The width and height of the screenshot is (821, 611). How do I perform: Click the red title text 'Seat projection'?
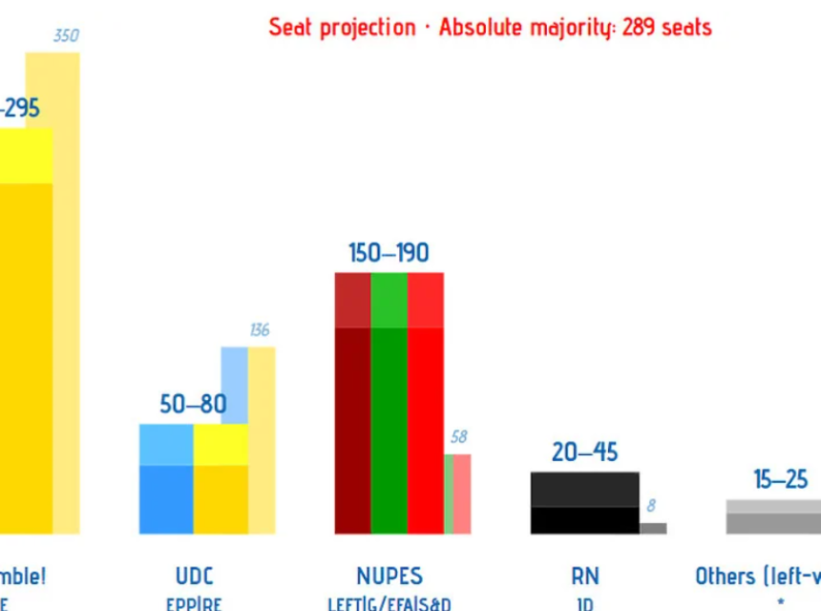coord(342,27)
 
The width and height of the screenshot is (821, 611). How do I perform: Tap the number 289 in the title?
coord(638,27)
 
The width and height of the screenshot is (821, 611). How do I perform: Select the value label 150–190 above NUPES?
coord(389,253)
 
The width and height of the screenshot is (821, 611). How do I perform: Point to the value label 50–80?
coord(193,404)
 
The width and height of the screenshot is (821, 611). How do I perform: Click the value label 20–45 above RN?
coord(584,452)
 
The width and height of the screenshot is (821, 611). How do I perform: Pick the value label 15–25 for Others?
coord(780,479)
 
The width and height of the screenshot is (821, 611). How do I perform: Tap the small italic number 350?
coord(66,36)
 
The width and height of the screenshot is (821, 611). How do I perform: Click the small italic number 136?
coord(259,330)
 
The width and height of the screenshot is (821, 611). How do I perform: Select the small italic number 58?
coord(458,436)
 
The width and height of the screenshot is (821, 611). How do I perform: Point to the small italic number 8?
coord(651,506)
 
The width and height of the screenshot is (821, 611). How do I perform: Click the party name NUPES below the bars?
coord(389,576)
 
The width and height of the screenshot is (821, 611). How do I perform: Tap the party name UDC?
coord(194,576)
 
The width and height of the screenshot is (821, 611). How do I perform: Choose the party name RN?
coord(584,576)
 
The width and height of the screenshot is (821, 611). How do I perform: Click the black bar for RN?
coord(584,504)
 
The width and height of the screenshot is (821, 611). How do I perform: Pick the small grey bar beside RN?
coord(653,528)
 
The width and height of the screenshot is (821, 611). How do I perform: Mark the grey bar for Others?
coord(773,517)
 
